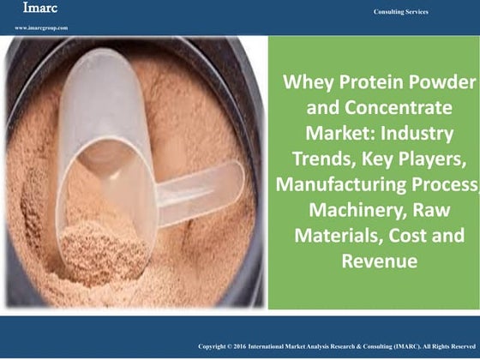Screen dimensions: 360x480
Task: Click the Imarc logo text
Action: [x=33, y=10]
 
